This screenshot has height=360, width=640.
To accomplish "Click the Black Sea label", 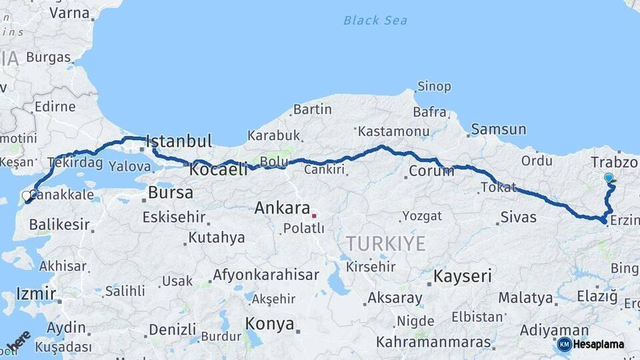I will coord(375,21).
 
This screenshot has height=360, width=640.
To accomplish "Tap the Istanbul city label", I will coord(179,141).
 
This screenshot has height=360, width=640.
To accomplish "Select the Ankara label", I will coord(282,208).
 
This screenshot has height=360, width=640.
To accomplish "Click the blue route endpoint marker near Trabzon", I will coord(609,178).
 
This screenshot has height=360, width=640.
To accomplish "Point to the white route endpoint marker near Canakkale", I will coord(27,196).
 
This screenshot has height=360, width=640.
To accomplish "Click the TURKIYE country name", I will coord(385,244).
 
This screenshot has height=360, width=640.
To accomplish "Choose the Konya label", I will coord(269,324).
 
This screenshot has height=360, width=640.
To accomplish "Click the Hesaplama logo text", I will coord(599,345).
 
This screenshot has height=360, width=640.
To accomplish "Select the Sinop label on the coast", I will coord(434,87).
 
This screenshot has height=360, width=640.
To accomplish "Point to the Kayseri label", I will coord(462,276).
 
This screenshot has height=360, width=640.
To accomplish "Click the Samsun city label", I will coord(498,129).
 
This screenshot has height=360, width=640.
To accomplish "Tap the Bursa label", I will coord(171,193).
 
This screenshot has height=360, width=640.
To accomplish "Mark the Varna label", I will coord(70,13).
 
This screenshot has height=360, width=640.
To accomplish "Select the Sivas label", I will coord(518,217).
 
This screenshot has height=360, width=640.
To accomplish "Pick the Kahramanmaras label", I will coord(433,343).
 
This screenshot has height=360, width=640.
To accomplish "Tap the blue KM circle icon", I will coord(564,345).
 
